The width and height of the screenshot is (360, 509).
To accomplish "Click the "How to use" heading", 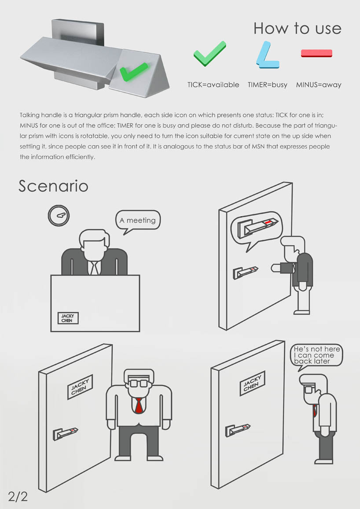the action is pos(298,28).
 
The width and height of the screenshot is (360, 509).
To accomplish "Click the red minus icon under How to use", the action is pos(316,53).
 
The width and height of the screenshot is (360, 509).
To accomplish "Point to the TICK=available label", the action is pos(213,85).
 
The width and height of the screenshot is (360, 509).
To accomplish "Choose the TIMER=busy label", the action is pos(268,85).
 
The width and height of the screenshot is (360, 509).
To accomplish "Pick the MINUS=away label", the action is pos(319,85).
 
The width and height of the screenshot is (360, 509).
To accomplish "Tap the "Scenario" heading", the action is pos(53,186).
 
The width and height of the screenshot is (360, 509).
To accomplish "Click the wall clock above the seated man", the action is pos(59,215).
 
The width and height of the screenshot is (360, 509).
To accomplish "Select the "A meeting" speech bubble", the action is pos(138,221).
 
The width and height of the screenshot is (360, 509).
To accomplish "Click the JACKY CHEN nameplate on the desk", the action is pos(68,318).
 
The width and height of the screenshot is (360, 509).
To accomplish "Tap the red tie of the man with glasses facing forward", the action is pos(139,406).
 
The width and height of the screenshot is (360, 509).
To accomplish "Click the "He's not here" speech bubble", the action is pos(316,356).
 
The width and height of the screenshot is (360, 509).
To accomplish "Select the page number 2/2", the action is pos(18,497).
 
